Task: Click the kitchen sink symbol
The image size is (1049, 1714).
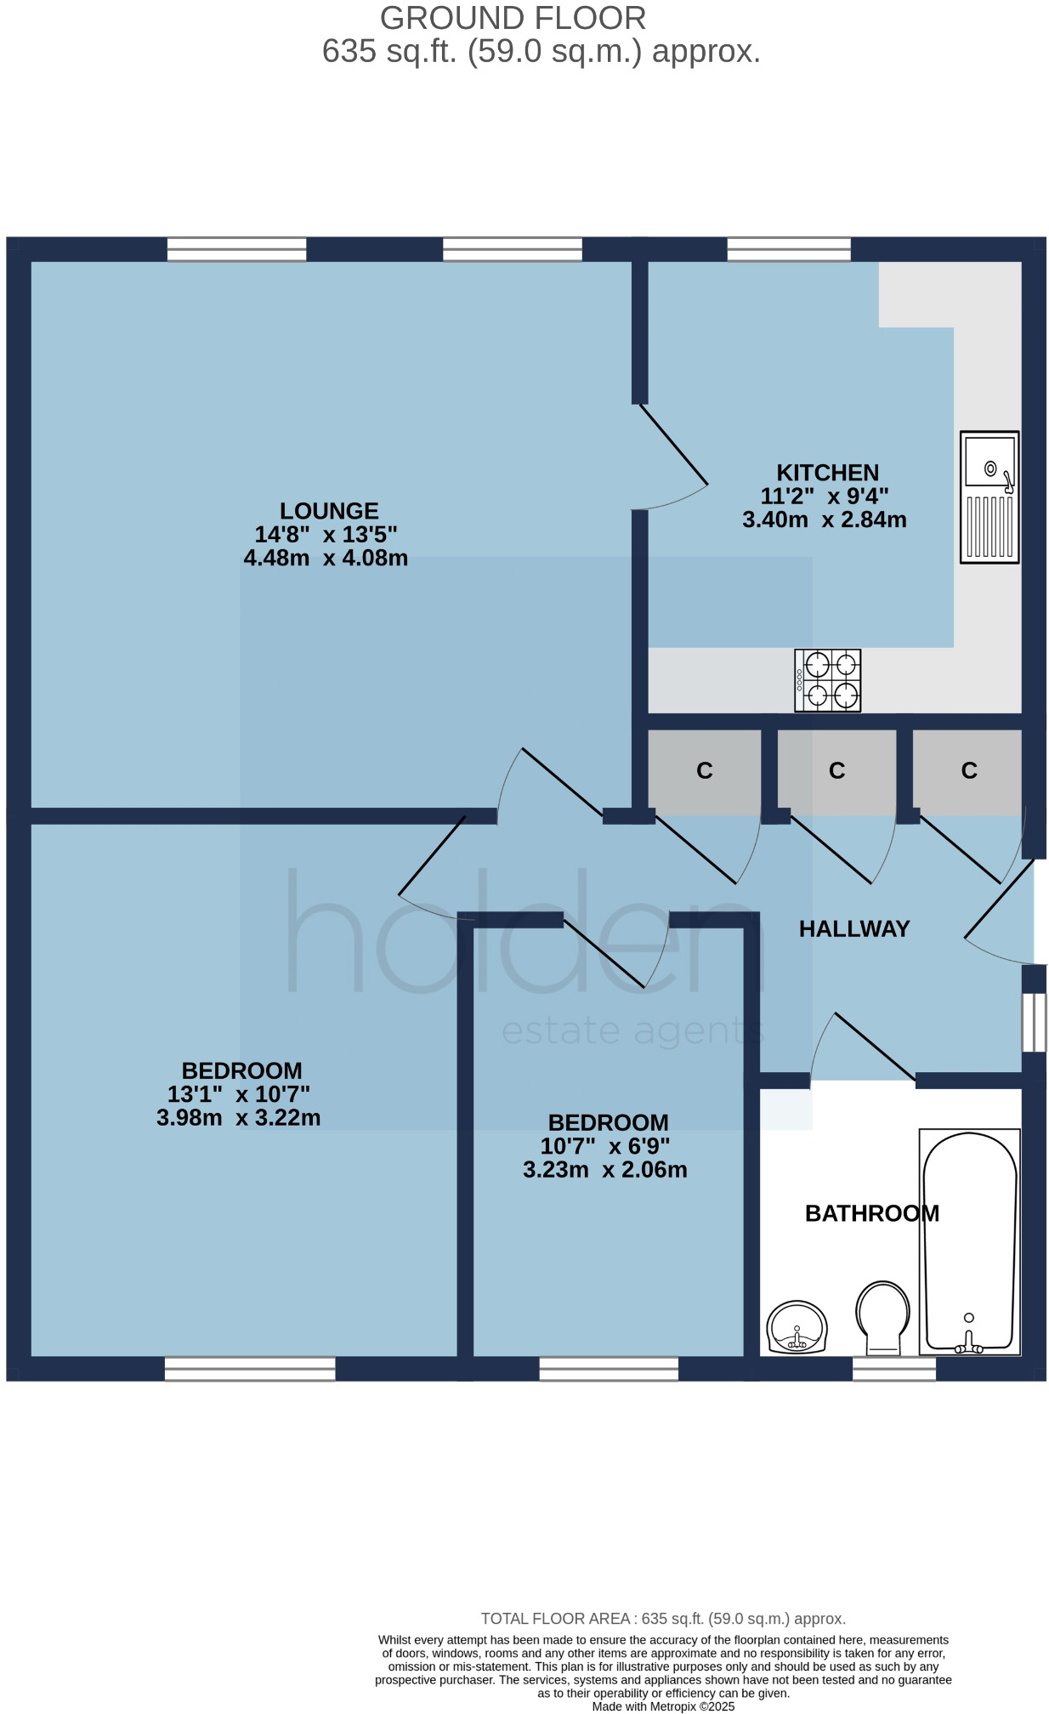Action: pyautogui.click(x=989, y=497)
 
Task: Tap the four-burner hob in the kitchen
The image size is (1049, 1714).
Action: pyautogui.click(x=827, y=680)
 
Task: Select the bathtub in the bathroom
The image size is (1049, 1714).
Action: pyautogui.click(x=969, y=1242)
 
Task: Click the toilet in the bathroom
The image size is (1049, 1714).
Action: pyautogui.click(x=882, y=1317)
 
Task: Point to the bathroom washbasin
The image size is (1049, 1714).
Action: pyautogui.click(x=797, y=1327)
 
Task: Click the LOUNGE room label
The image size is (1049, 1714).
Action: pyautogui.click(x=329, y=511)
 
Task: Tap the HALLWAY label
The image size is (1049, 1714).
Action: pyautogui.click(x=853, y=928)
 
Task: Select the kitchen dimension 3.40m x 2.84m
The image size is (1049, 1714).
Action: pyautogui.click(x=824, y=519)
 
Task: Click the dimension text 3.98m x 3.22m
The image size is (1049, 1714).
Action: pyautogui.click(x=239, y=1117)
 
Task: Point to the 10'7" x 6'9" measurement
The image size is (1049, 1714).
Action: pyautogui.click(x=604, y=1146)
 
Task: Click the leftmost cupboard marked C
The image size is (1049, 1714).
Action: pyautogui.click(x=704, y=771)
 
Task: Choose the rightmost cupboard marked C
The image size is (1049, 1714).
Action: pyautogui.click(x=968, y=771)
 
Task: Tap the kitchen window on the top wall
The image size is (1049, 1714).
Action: pyautogui.click(x=789, y=249)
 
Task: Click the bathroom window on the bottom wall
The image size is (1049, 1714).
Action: pyautogui.click(x=893, y=1368)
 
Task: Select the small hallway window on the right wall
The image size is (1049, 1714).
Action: pyautogui.click(x=1034, y=1022)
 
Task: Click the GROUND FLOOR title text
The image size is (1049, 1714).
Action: pyautogui.click(x=513, y=18)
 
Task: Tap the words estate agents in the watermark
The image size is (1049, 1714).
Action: pyautogui.click(x=632, y=1031)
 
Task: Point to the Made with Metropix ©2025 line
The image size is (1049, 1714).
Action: pyautogui.click(x=663, y=1705)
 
